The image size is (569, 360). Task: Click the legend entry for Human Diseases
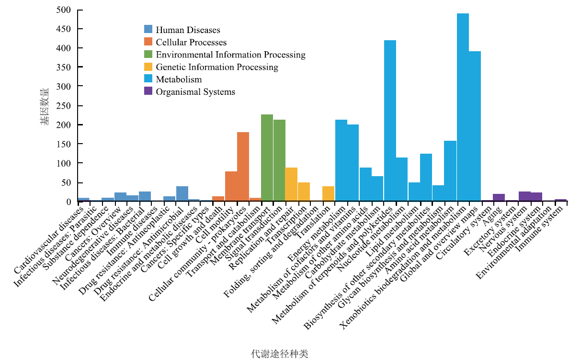pyautogui.click(x=188, y=30)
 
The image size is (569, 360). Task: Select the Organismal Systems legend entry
pyautogui.click(x=195, y=91)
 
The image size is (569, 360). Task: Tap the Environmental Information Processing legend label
pyautogui.click(x=230, y=55)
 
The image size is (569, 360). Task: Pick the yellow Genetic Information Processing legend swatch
pyautogui.click(x=148, y=67)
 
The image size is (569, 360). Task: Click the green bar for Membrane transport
pyautogui.click(x=267, y=158)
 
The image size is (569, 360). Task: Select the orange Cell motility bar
pyautogui.click(x=231, y=186)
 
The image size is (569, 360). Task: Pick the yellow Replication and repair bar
pyautogui.click(x=291, y=184)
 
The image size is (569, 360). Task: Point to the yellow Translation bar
pyautogui.click(x=328, y=193)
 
